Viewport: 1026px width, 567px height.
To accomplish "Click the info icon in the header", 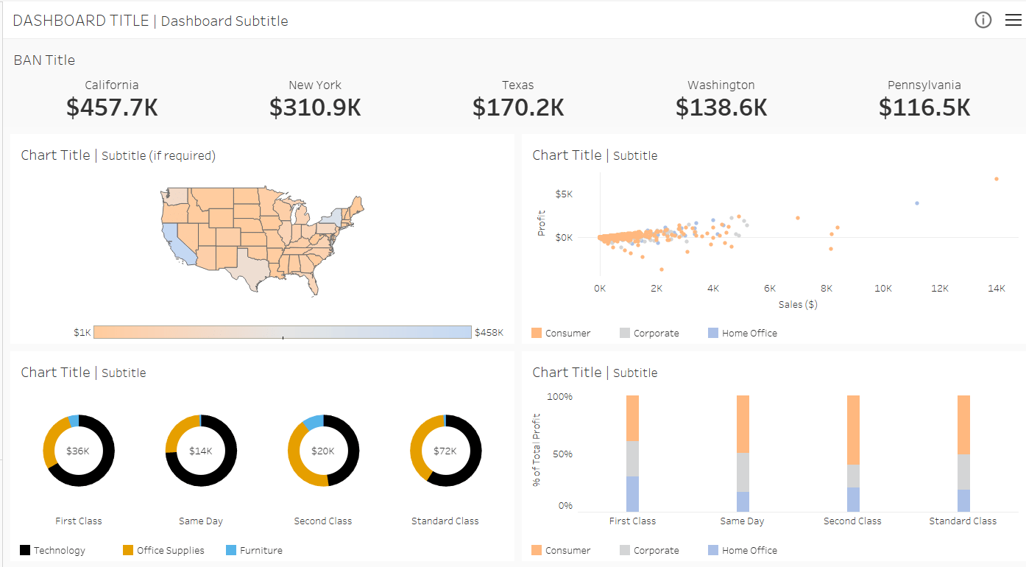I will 983,20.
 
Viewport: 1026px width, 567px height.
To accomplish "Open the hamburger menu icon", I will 1013,20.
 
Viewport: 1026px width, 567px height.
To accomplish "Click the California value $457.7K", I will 112,108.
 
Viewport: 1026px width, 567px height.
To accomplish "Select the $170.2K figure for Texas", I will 518,108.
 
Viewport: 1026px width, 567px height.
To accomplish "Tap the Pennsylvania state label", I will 924,85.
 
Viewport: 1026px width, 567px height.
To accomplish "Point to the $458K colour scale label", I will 489,332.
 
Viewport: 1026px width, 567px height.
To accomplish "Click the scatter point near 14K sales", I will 996,179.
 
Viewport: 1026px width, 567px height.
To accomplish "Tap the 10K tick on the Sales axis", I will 882,289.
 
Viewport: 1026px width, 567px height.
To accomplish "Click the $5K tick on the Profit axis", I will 564,194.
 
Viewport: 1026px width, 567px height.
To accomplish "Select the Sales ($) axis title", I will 798,304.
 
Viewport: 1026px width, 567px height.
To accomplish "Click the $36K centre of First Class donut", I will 78,451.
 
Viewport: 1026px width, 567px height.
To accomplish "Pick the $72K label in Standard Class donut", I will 445,451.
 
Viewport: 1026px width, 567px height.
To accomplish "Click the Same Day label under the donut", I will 200,521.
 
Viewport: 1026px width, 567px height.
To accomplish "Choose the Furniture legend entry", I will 261,550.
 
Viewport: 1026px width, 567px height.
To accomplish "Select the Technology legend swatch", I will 25,550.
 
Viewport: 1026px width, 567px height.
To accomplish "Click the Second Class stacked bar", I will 852,453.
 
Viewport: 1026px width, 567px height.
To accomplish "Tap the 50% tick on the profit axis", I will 562,454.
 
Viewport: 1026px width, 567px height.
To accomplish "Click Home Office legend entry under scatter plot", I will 749,333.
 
